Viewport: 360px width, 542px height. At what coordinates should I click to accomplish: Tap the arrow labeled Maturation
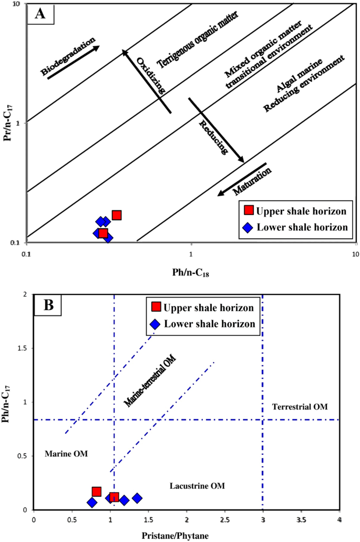pyautogui.click(x=242, y=179)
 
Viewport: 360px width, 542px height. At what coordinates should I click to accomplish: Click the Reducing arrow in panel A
pyautogui.click(x=216, y=130)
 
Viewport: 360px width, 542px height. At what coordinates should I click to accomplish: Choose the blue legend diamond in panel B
pyautogui.click(x=156, y=324)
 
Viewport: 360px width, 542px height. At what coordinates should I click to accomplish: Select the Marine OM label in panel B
pyautogui.click(x=66, y=454)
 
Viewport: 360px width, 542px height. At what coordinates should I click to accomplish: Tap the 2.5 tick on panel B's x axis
pyautogui.click(x=224, y=519)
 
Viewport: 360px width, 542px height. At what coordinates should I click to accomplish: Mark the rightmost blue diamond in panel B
pyautogui.click(x=137, y=498)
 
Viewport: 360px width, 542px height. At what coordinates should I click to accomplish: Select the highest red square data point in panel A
pyautogui.click(x=117, y=215)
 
